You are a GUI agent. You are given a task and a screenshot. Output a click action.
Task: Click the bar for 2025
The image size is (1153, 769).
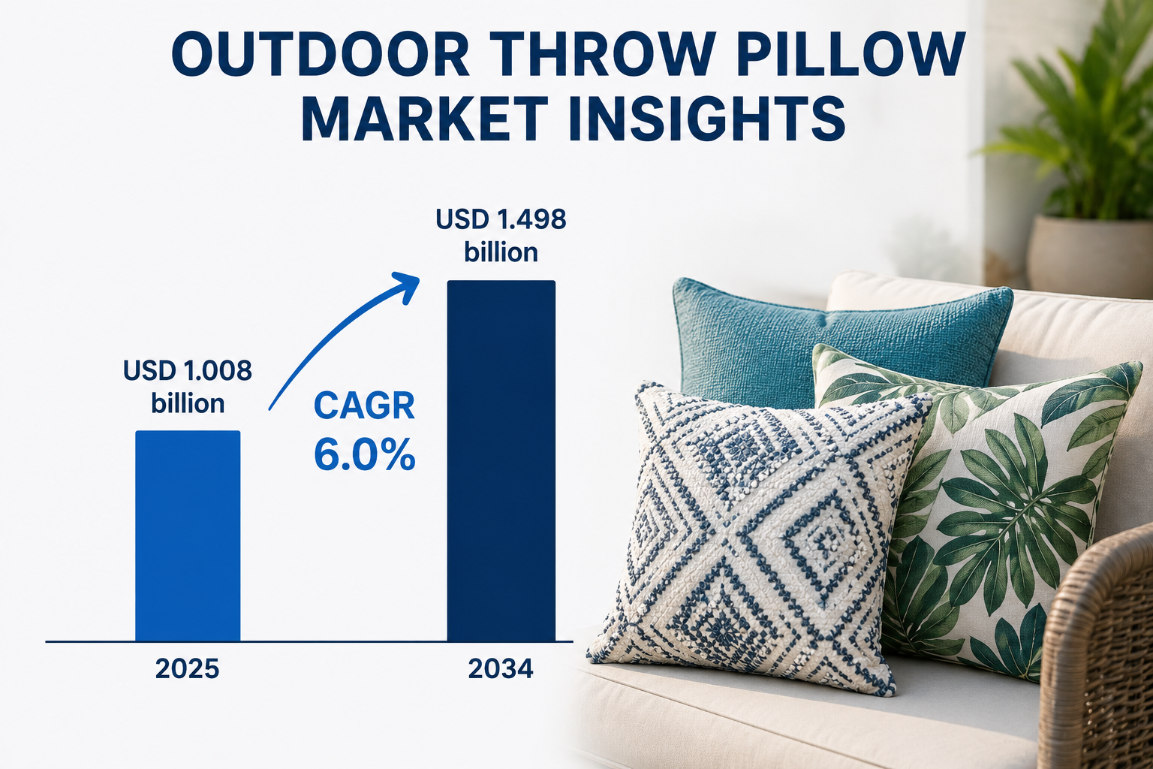coord(188,535)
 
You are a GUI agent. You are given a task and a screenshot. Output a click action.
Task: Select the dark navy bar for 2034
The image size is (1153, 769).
coord(501,461)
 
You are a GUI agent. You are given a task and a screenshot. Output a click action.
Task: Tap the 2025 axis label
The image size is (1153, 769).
coord(188,668)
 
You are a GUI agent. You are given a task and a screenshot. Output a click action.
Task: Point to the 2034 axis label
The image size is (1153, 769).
coord(501,668)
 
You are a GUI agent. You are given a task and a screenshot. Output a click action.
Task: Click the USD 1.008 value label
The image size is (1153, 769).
coord(188,370)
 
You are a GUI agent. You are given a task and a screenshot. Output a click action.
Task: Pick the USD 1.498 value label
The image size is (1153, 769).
coord(501,219)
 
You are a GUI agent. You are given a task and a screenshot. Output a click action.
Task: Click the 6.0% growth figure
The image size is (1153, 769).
coord(364,454)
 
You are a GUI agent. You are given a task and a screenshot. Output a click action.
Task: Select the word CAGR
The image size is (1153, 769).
coord(364,406)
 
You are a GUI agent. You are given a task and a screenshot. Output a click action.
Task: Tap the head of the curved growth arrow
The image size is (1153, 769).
coord(407,286)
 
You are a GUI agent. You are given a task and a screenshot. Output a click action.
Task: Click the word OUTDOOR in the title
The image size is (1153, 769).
coord(320,53)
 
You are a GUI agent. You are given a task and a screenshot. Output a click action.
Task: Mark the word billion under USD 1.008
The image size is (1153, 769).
coord(188,403)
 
